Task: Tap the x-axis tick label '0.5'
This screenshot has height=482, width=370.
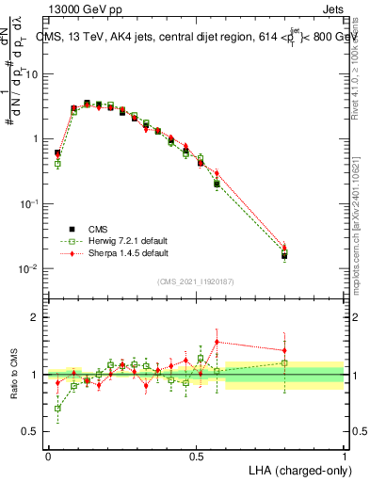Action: pyautogui.click(x=196, y=456)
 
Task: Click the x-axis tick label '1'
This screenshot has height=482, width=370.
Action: pyautogui.click(x=344, y=456)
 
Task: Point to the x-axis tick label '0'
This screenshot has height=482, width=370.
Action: pyautogui.click(x=48, y=456)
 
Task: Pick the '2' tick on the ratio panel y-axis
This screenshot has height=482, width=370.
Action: pyautogui.click(x=35, y=317)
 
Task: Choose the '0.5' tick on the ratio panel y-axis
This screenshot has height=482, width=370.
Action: pyautogui.click(x=31, y=432)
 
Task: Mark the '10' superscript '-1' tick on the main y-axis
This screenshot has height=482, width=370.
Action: pyautogui.click(x=29, y=203)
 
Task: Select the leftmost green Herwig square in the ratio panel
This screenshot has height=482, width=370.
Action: pyautogui.click(x=57, y=409)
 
